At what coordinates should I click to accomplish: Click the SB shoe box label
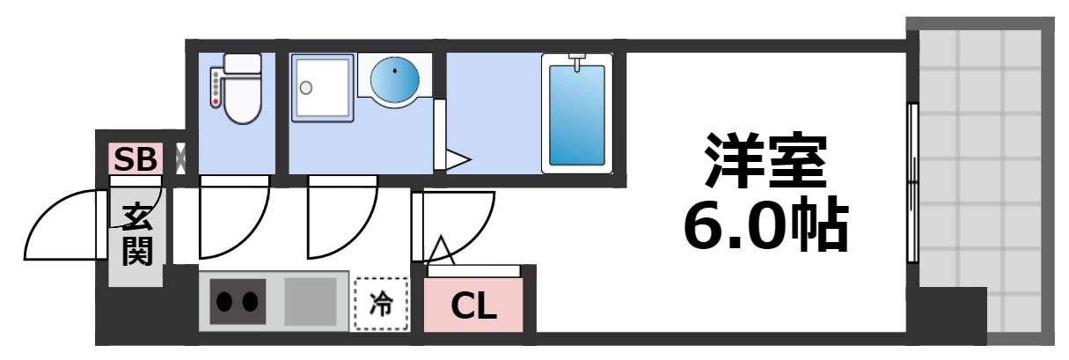135,159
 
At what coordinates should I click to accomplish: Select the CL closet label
473,305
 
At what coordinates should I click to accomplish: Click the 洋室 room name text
765,160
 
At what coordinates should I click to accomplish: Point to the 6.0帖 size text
765,224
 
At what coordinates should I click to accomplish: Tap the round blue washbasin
395,79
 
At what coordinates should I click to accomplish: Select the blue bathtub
577,114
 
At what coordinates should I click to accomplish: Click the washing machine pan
323,88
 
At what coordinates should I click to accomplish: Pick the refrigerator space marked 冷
382,305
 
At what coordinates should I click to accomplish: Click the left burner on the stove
224,302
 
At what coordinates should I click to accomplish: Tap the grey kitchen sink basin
311,302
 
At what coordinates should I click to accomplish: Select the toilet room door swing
252,232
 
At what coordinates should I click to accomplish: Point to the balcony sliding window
913,183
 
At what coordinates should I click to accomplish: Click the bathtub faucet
577,62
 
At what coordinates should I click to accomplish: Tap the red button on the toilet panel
216,102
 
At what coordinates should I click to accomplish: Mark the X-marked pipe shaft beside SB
181,158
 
